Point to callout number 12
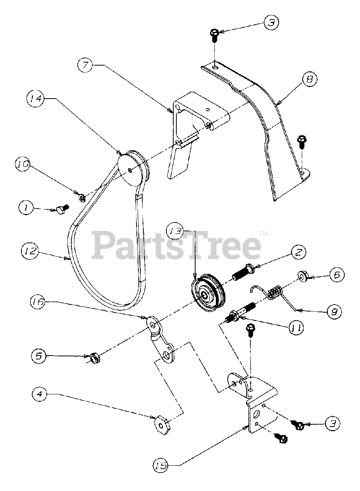(x=29, y=252)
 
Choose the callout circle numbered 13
(x=176, y=231)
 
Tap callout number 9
(x=334, y=311)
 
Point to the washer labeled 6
(x=302, y=276)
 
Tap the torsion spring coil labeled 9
(x=275, y=294)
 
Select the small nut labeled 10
(x=82, y=198)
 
